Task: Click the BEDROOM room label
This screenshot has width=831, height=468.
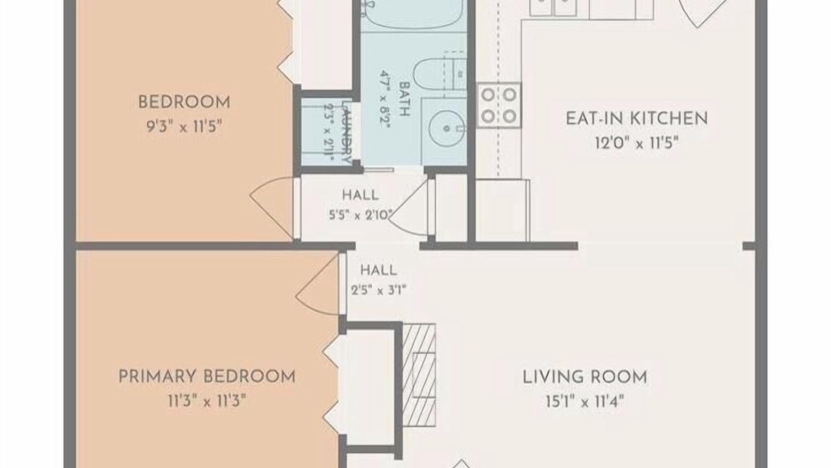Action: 184,102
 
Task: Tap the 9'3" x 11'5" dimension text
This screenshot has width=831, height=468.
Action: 184,127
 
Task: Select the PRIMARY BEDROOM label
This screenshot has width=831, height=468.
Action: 206,376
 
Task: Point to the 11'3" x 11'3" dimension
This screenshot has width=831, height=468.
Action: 207,401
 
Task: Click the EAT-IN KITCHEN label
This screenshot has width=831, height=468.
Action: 637,118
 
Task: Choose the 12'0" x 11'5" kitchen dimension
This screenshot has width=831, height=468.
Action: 637,143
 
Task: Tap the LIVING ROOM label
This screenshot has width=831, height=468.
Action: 585,377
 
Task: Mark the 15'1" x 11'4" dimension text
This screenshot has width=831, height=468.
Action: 585,402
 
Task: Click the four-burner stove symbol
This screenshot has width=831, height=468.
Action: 499,105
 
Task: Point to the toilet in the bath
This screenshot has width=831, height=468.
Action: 440,74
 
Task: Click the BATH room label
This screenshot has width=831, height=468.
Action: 404,99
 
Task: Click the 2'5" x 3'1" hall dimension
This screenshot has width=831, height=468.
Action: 378,290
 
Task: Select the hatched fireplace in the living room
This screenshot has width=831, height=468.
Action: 419,375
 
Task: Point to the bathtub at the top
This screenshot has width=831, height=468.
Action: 414,15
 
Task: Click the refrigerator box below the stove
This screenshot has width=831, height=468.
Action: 502,210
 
